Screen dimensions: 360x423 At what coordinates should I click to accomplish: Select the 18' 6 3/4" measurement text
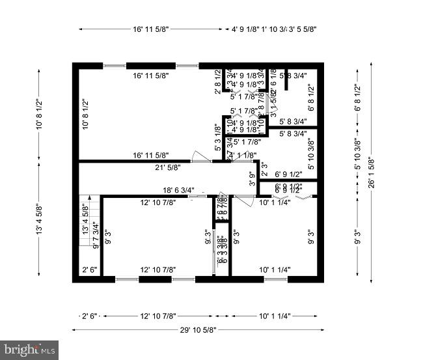pos(178,190)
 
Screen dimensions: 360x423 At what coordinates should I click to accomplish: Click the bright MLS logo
pos(30,350)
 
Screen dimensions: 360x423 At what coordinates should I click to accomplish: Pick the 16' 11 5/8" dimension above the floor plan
pos(150,29)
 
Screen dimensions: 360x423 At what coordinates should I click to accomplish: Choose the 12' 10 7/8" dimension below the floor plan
pos(158,316)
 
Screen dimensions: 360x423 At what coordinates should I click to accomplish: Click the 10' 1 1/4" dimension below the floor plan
pos(274,316)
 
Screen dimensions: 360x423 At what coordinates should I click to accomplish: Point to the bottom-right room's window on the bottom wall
pos(275,279)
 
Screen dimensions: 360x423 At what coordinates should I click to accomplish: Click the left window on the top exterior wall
pos(115,65)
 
